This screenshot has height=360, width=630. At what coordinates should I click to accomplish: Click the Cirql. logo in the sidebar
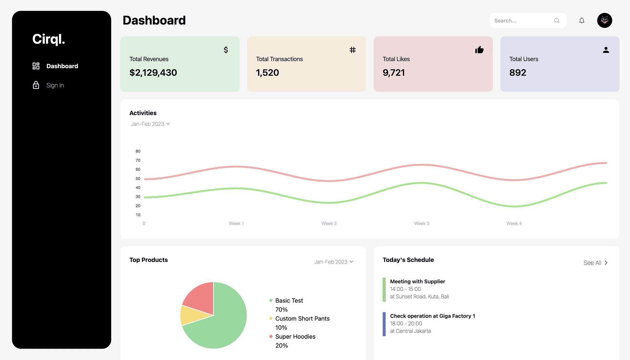[x=49, y=39]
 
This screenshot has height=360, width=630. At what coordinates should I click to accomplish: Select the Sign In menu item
[x=55, y=85]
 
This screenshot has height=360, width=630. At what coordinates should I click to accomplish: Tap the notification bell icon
[x=582, y=21]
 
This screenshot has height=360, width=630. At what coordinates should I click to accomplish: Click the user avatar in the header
[x=604, y=21]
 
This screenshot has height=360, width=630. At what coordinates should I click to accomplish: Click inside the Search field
[x=523, y=21]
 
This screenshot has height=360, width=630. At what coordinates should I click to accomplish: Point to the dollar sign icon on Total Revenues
[x=226, y=50]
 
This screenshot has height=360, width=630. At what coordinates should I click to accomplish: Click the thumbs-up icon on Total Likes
[x=479, y=50]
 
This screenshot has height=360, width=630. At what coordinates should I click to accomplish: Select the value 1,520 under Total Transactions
[x=267, y=73]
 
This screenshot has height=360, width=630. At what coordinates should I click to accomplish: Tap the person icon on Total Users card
[x=606, y=50]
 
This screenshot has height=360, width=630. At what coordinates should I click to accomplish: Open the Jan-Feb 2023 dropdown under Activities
[x=150, y=124]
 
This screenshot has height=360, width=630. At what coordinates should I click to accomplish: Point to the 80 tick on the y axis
[x=138, y=151]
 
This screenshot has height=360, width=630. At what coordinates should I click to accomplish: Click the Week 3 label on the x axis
[x=421, y=223]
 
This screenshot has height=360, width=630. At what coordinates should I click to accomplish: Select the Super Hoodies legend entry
[x=295, y=337]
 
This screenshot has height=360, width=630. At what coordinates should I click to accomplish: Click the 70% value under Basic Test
[x=281, y=309]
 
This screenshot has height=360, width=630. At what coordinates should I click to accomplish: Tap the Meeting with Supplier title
[x=417, y=282]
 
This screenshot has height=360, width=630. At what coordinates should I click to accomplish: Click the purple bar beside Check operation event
[x=384, y=324]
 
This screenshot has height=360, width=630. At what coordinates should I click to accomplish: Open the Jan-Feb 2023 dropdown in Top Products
[x=333, y=262]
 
